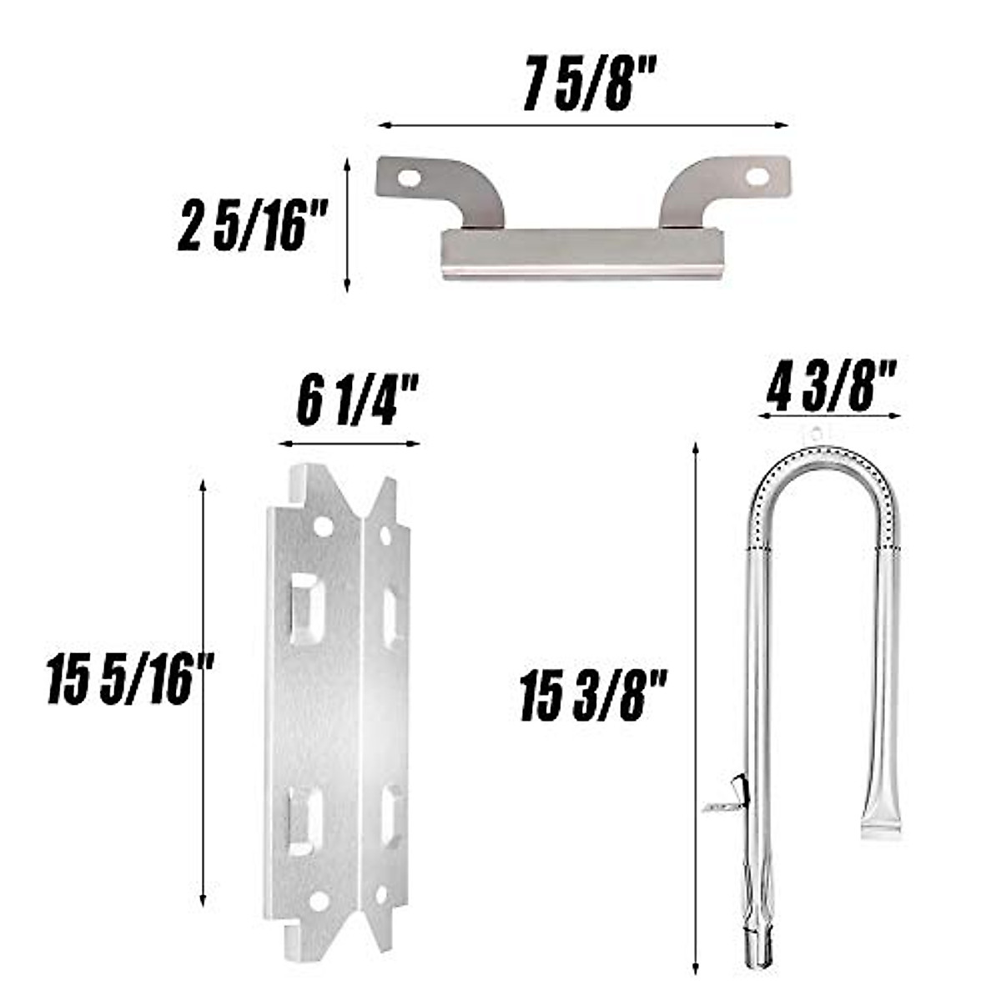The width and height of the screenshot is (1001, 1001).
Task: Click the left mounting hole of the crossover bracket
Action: click(409, 179)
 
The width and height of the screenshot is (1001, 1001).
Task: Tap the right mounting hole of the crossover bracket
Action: click(757, 177)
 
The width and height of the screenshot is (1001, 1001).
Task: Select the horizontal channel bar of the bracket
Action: click(581, 253)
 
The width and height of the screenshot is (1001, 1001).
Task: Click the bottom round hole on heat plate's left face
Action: click(319, 901)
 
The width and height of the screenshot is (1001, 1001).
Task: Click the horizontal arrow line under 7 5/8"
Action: click(583, 126)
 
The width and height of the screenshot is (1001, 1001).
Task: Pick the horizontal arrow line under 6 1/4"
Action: click(349, 444)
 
